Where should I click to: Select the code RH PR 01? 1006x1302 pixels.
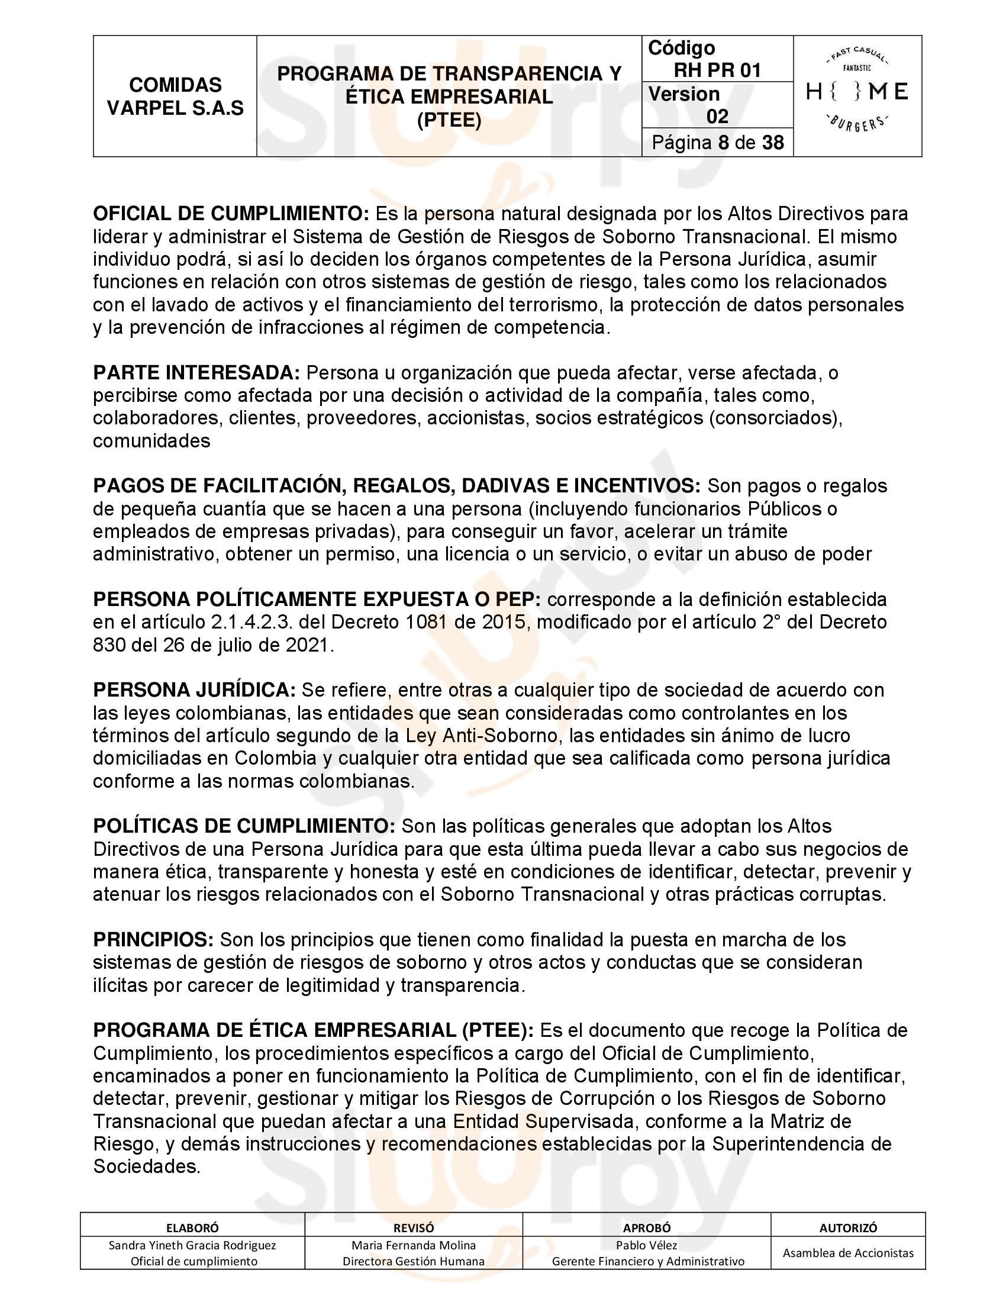click(717, 70)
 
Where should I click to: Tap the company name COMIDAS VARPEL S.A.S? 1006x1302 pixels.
click(175, 96)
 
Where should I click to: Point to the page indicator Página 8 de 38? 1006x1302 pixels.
click(718, 143)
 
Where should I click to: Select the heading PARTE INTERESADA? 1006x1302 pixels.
click(196, 373)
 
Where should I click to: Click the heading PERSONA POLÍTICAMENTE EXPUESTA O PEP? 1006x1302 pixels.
click(317, 598)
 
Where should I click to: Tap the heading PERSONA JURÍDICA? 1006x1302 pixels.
click(194, 689)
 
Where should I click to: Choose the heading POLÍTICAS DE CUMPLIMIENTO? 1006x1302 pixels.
click(244, 826)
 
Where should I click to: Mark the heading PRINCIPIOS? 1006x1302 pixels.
click(153, 940)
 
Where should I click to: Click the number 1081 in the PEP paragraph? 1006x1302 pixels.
click(426, 622)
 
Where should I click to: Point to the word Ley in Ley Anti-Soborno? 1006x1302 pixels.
click(421, 735)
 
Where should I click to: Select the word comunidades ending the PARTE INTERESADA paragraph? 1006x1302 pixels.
click(151, 440)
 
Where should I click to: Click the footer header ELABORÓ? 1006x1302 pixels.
click(192, 1227)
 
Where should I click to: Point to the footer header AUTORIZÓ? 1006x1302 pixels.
click(847, 1227)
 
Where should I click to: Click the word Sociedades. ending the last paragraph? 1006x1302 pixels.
click(147, 1166)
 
